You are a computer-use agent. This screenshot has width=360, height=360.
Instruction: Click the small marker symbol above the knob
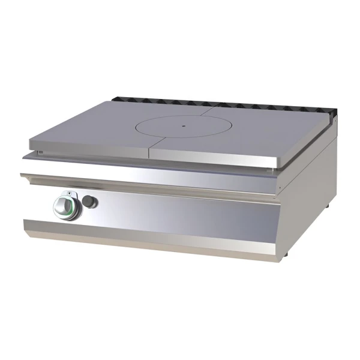[x=70, y=193]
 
